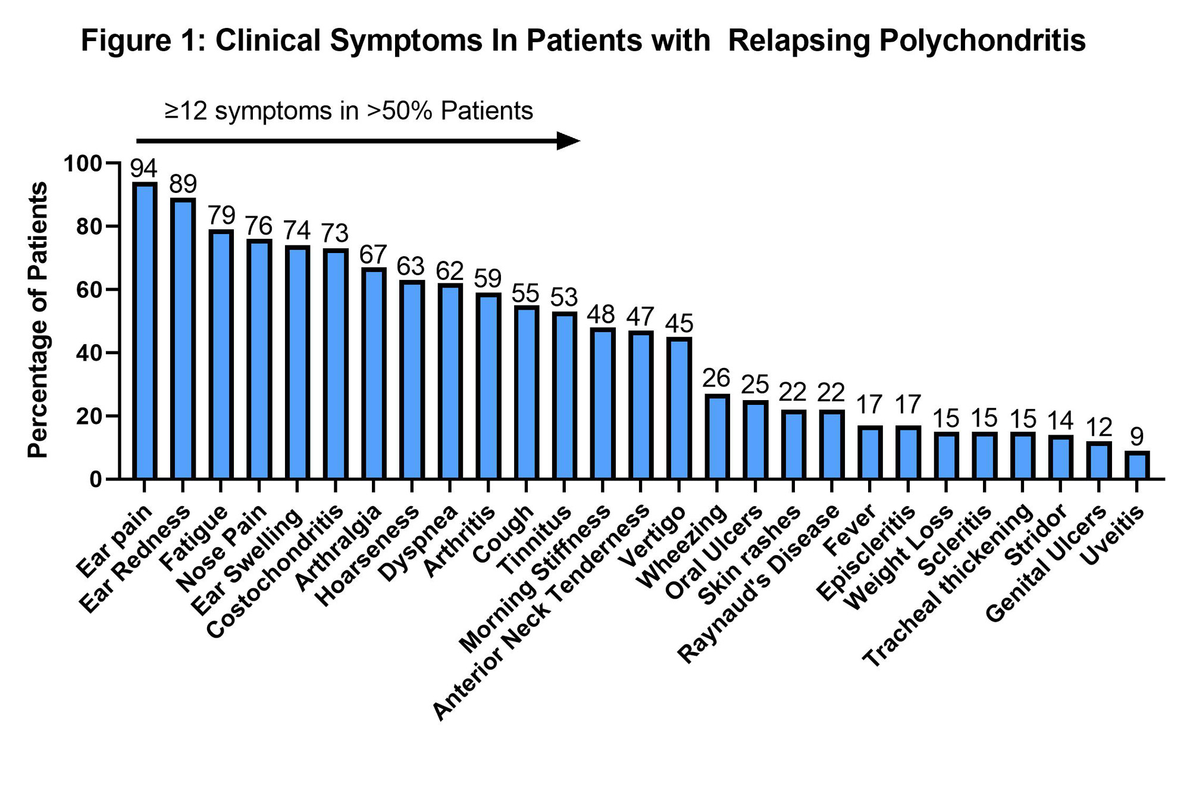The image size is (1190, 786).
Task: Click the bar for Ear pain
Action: pyautogui.click(x=144, y=331)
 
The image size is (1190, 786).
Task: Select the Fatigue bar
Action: pyautogui.click(x=221, y=355)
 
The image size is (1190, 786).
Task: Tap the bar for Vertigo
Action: pyautogui.click(x=679, y=408)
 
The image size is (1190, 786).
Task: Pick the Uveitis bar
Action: pyautogui.click(x=1137, y=466)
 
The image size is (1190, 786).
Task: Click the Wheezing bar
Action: pyautogui.click(x=717, y=437)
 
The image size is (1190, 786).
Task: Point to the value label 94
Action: pyautogui.click(x=144, y=169)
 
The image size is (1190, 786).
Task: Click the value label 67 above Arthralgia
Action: pyautogui.click(x=373, y=255)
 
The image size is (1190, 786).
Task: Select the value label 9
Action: pyautogui.click(x=1137, y=437)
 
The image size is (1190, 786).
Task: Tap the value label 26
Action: pyautogui.click(x=716, y=378)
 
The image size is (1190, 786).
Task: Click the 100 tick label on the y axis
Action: pyautogui.click(x=83, y=164)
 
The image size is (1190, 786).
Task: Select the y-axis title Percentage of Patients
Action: pyautogui.click(x=38, y=320)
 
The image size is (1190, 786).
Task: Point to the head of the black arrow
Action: pyautogui.click(x=569, y=141)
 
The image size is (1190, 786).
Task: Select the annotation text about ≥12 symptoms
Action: pyautogui.click(x=349, y=111)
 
